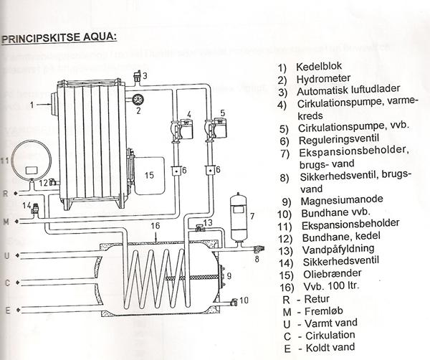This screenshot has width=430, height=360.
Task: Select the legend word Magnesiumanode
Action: (335, 202)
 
